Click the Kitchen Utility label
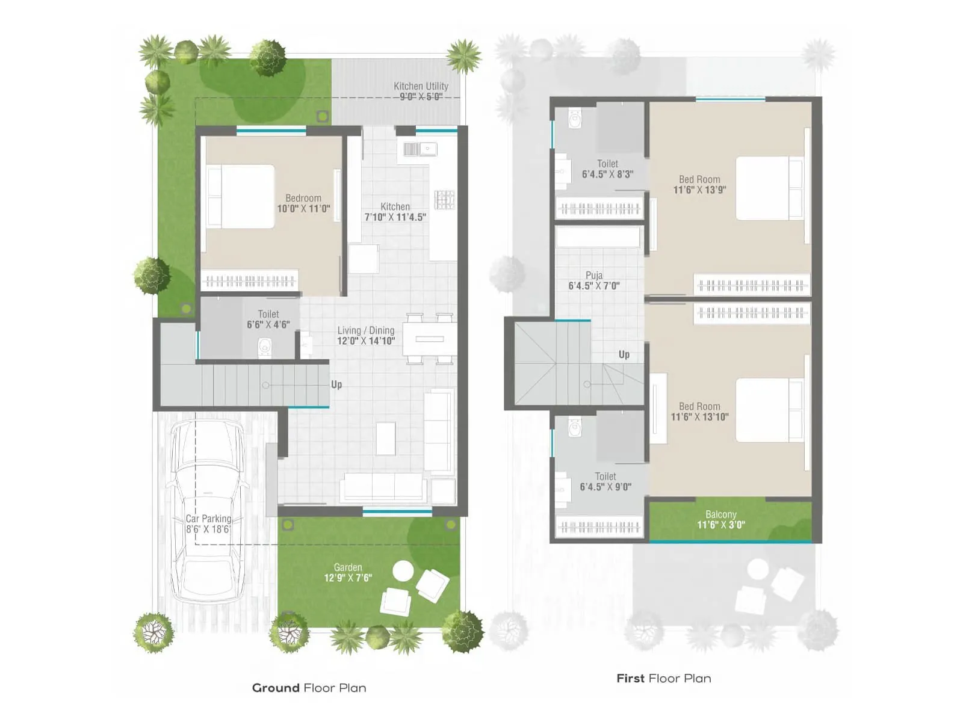click(421, 91)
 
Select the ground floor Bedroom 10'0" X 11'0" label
click(303, 203)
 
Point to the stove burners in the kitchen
click(445, 200)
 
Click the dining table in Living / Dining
click(430, 339)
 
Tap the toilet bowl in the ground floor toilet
click(265, 347)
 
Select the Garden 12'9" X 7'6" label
click(348, 572)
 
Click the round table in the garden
click(403, 570)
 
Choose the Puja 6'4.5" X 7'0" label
click(594, 280)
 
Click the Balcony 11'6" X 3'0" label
click(721, 519)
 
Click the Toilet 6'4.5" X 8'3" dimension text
click(607, 174)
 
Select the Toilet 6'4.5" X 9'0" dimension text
click(605, 487)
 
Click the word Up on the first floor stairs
click(624, 354)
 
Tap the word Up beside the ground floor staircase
click(336, 384)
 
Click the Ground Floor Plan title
click(309, 688)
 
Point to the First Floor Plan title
click(664, 678)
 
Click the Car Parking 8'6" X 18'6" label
click(208, 524)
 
